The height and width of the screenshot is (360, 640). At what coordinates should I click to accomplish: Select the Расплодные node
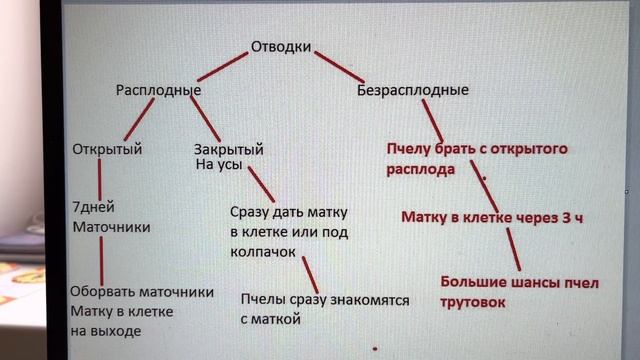click(159, 91)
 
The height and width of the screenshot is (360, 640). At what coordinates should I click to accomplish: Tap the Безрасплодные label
click(413, 91)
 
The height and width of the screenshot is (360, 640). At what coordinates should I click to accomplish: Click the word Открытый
click(107, 150)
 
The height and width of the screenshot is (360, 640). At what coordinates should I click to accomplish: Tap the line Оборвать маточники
click(142, 293)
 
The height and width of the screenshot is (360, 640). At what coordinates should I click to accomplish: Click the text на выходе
click(105, 330)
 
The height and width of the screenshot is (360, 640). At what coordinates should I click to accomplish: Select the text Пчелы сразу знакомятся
click(313, 299)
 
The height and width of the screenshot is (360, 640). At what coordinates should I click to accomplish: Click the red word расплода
click(421, 169)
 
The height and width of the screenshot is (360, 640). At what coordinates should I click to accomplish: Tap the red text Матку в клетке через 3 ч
click(491, 216)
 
